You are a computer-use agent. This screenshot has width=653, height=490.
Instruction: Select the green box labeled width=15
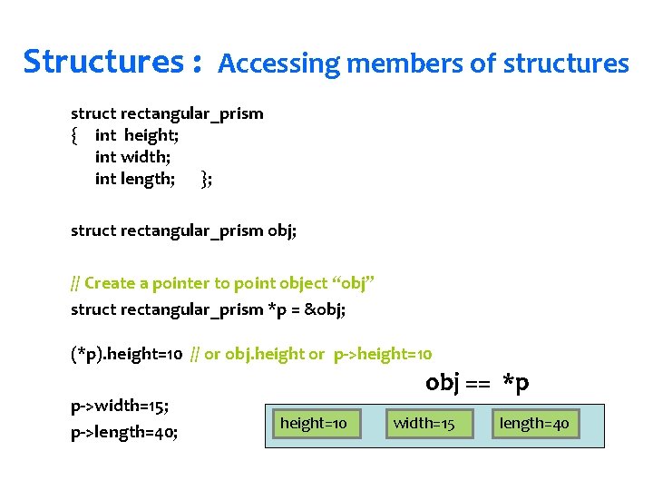[x=424, y=423]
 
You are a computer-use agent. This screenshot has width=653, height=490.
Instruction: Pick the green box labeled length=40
[x=534, y=423]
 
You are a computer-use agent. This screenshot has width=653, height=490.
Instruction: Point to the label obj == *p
[x=477, y=383]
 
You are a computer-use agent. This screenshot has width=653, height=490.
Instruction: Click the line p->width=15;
[x=120, y=405]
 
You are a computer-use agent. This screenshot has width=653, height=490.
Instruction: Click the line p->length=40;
[x=124, y=432]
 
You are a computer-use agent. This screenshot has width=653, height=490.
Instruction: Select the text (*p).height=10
[x=127, y=354]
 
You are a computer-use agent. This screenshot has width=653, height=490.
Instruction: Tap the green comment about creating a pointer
[x=222, y=283]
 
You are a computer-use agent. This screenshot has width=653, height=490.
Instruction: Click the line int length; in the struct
[x=135, y=179]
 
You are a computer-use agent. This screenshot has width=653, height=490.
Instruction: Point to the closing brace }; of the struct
[x=207, y=179]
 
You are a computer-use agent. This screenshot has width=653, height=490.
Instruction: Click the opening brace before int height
[x=74, y=136]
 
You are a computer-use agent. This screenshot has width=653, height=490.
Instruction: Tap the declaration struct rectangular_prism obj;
[x=183, y=230]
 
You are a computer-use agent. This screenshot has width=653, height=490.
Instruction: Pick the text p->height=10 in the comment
[x=383, y=354]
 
